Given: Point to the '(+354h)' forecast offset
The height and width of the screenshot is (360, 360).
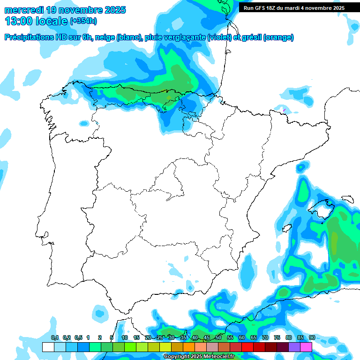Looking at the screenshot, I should (x=83, y=22).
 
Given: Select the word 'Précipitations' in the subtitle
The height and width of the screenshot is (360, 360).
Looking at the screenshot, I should (x=28, y=37).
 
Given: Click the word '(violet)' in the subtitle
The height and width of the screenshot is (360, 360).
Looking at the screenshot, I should (x=219, y=37).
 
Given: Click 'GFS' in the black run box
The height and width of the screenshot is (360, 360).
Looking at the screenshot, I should (x=265, y=8).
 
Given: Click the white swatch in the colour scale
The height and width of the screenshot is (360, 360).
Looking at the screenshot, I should (x=48, y=347).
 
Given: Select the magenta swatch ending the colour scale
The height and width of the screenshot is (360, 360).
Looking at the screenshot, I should (x=306, y=347).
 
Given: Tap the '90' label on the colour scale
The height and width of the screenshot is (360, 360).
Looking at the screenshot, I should (x=312, y=338).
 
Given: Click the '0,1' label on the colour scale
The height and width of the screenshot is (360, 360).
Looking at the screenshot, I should (x=55, y=338).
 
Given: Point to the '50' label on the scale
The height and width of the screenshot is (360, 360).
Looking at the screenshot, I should (x=218, y=338).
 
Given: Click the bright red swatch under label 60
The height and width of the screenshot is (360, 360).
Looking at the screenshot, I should (x=247, y=347).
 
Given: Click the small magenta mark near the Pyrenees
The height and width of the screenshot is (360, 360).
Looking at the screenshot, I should (x=284, y=110).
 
